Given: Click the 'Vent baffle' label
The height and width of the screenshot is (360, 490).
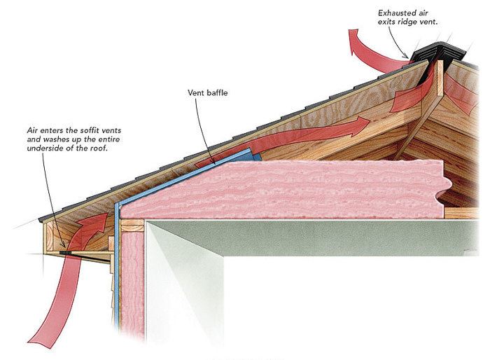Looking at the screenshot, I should click(207, 92).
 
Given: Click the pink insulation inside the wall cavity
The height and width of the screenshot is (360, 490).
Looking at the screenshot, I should click(132, 280).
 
